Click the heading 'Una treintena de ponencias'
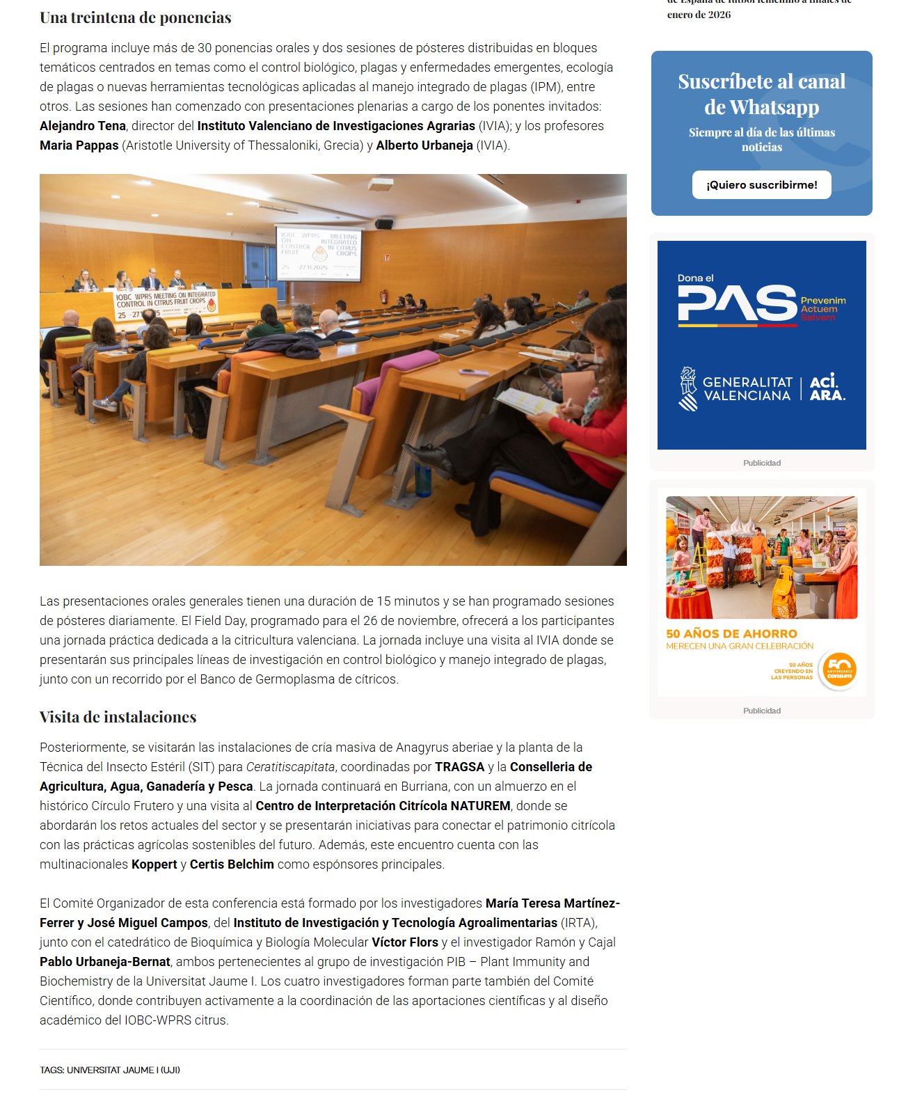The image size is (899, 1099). coord(135,18)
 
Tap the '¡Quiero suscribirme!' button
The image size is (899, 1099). coord(761,185)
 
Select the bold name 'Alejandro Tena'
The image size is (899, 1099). coord(83,126)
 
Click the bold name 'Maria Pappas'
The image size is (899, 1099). coord(79,145)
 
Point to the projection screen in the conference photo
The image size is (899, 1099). coord(319,253)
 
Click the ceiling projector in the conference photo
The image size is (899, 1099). coord(381,184)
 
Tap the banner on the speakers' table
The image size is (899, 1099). coord(166,304)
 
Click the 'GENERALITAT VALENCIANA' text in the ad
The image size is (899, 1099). coord(747,389)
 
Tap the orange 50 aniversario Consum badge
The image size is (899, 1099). coord(838,670)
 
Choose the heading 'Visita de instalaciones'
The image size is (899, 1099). coord(118,718)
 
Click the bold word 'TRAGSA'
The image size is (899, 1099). coord(459,767)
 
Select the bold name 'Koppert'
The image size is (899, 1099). coord(154,864)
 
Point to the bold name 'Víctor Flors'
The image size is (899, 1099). coord(404,942)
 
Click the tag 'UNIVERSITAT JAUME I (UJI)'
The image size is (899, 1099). coord(123,1070)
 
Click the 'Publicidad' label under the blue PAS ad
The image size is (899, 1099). coord(761,463)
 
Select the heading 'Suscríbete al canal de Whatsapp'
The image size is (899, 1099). coord(761,94)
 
